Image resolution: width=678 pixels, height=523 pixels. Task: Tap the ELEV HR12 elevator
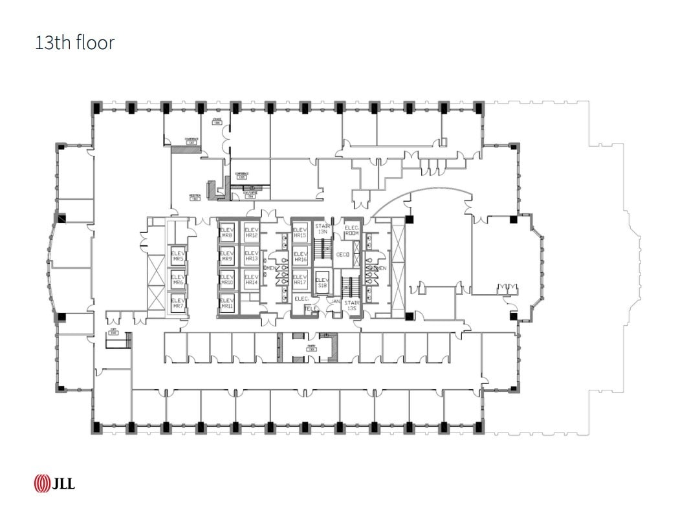(x=251, y=233)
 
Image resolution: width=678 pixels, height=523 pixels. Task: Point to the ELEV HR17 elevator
(x=300, y=280)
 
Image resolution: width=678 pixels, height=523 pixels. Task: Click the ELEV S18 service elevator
(x=322, y=283)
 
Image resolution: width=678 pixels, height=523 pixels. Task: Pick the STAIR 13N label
(x=323, y=229)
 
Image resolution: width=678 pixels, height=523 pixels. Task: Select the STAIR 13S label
(x=351, y=305)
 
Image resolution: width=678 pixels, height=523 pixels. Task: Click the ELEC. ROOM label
(x=351, y=230)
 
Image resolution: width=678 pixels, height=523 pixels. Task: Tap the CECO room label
(x=343, y=255)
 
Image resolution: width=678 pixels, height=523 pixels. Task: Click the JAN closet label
(x=335, y=301)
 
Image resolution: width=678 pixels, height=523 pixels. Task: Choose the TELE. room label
(x=312, y=309)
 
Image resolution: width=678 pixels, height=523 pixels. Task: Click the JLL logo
(x=54, y=483)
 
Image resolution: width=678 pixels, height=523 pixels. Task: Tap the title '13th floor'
(x=75, y=43)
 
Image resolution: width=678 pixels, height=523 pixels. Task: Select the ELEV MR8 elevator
(x=226, y=233)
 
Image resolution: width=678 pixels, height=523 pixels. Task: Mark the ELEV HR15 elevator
(x=300, y=233)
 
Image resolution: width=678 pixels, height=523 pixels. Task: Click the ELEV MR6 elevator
(x=178, y=280)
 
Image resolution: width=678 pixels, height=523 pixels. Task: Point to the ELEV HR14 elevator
(x=251, y=280)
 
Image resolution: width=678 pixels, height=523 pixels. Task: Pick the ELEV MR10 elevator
(x=226, y=280)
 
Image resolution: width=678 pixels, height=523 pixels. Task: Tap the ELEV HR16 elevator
(x=300, y=257)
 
